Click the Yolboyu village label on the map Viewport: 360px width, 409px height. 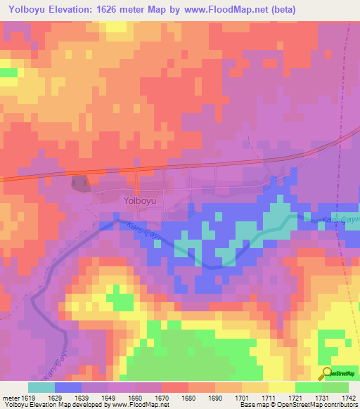tap(139, 200)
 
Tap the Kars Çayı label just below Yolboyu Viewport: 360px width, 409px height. tap(144, 231)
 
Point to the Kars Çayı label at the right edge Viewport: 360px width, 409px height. tap(340, 221)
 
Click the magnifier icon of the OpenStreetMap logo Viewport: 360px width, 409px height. tap(326, 373)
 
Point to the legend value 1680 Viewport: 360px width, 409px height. tap(188, 397)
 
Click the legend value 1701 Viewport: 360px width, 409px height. tap(242, 397)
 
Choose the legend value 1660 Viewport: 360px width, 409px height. tap(136, 397)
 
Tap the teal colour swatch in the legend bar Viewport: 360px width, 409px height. tap(41, 387)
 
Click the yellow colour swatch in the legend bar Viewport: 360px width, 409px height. tap(281, 387)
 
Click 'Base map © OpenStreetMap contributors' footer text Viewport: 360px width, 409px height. tap(298, 405)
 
